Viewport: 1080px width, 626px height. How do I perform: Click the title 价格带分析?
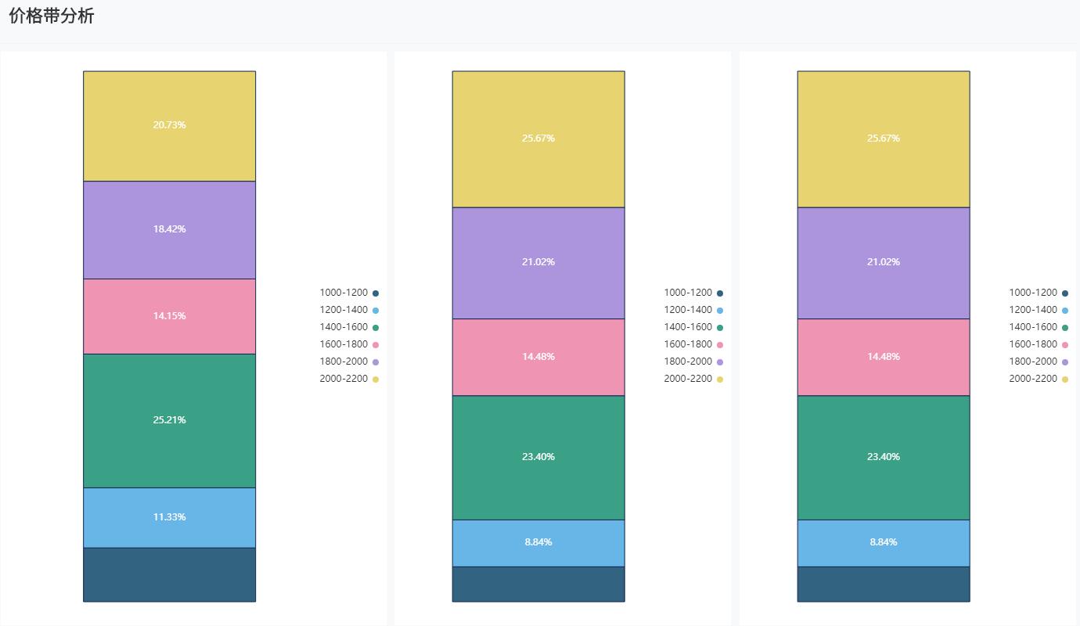tap(52, 16)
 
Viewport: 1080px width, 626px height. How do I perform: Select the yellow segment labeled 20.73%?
tap(169, 125)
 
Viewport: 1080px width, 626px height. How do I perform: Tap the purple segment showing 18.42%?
tap(169, 229)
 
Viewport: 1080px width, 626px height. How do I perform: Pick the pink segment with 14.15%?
tap(169, 316)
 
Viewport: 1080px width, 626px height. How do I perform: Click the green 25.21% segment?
tap(169, 420)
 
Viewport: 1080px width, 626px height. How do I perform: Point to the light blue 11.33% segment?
tap(169, 517)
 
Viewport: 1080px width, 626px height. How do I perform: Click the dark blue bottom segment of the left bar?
tap(169, 574)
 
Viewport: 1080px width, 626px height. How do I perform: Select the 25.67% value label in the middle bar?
tap(538, 139)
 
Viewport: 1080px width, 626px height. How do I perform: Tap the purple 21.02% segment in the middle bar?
tap(538, 262)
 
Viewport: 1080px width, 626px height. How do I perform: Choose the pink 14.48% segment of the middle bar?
tap(538, 357)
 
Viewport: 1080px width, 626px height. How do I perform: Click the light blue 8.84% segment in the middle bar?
tap(538, 542)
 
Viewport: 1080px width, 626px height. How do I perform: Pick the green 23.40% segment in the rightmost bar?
tap(884, 457)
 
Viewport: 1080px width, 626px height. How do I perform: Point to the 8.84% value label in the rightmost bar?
tap(884, 542)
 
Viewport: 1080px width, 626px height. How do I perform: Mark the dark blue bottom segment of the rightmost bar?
tap(884, 584)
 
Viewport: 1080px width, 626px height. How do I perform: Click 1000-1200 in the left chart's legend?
tap(344, 293)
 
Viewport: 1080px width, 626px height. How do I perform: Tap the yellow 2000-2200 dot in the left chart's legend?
tap(376, 380)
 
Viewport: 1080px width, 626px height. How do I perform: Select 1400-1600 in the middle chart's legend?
tap(688, 327)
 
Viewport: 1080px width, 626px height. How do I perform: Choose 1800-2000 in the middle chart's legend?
tap(688, 362)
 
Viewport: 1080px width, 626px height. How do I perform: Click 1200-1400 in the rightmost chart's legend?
tap(1033, 310)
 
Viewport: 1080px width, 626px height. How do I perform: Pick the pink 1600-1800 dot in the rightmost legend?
tap(1065, 345)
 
